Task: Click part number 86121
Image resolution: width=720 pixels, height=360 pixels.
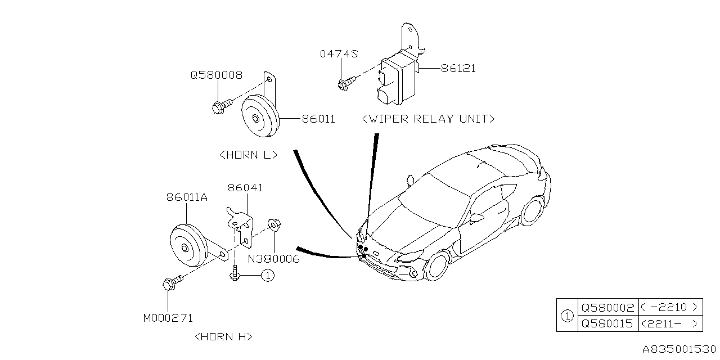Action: tap(458, 69)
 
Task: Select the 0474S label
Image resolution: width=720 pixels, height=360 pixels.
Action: tap(339, 54)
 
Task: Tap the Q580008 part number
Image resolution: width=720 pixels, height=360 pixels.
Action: tap(217, 75)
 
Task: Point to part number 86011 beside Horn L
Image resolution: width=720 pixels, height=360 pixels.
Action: tap(318, 119)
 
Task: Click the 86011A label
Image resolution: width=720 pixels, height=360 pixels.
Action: tap(187, 197)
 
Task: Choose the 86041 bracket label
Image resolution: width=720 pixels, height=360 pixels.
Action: tap(245, 188)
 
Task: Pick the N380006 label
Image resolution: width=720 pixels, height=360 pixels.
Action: tap(274, 259)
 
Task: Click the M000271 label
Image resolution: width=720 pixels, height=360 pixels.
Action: tap(168, 318)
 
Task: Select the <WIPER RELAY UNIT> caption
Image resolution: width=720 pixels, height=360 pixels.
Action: tap(429, 119)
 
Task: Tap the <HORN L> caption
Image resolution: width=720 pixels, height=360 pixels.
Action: tap(248, 155)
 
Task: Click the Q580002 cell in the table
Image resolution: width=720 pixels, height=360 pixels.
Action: tap(607, 307)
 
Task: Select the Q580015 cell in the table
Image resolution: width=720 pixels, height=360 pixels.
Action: tap(607, 323)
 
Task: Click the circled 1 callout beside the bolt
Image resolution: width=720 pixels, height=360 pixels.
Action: tap(267, 276)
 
